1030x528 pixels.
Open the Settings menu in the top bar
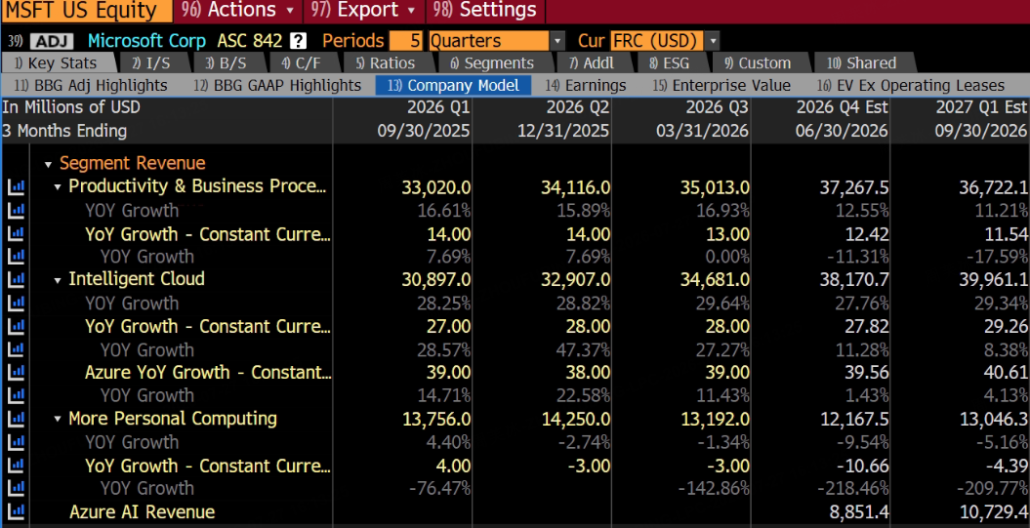[485, 10]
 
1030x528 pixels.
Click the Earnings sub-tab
[586, 85]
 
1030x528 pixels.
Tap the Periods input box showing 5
[406, 41]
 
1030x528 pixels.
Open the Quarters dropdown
[496, 41]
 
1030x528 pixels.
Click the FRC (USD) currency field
[665, 41]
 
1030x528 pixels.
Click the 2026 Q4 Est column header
[842, 106]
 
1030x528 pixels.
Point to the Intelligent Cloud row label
[137, 279]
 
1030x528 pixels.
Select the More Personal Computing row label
[173, 419]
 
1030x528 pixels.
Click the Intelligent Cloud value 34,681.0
[715, 279]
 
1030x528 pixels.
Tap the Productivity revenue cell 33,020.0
[436, 187]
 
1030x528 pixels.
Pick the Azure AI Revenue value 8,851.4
[859, 512]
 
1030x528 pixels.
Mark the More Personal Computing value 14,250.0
[575, 419]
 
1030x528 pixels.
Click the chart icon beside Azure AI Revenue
[16, 511]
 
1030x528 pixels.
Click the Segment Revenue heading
[133, 163]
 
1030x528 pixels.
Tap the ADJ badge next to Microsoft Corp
[52, 41]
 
